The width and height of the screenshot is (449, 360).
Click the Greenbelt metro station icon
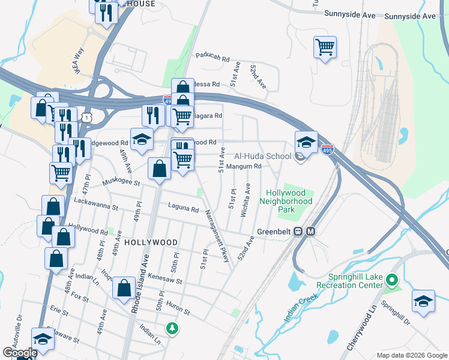click(x=311, y=232)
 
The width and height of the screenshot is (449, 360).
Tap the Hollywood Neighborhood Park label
click(x=286, y=197)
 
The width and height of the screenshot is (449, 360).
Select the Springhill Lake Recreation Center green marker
click(x=392, y=280)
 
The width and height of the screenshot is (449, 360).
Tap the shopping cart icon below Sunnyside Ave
click(x=325, y=47)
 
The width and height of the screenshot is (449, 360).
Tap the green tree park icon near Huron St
click(x=173, y=328)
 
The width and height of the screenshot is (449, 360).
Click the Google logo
click(x=20, y=353)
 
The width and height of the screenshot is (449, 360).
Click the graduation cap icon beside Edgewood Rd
click(x=142, y=139)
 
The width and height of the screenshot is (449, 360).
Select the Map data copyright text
click(x=411, y=355)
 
